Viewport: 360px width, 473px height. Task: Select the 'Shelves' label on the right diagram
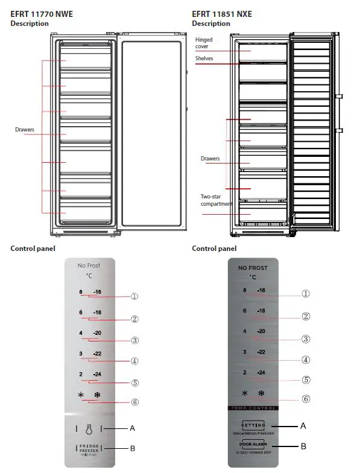pos(204,58)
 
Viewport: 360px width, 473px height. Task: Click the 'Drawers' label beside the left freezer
pos(24,129)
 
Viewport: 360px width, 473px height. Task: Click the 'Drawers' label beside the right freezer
pos(210,159)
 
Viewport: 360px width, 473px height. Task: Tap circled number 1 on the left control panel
pos(134,296)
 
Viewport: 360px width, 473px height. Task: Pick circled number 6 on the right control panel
pos(306,398)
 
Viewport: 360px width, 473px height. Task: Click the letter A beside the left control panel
pos(132,428)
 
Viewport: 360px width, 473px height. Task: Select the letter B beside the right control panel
pos(303,447)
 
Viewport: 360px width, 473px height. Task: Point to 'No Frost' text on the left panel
pos(89,266)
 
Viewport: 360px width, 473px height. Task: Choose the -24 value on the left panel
pos(97,374)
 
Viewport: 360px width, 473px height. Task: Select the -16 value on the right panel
pos(261,290)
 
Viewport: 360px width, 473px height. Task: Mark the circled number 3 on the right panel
pos(306,339)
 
